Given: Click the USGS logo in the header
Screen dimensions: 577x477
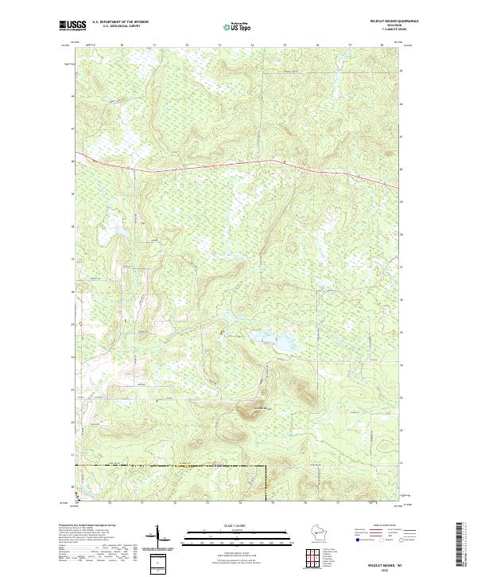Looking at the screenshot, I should (72, 25).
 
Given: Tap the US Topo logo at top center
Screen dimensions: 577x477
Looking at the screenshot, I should (239, 25).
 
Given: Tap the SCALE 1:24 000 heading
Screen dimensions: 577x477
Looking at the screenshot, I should (238, 524).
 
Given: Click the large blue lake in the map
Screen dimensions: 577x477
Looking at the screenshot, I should (282, 343).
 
